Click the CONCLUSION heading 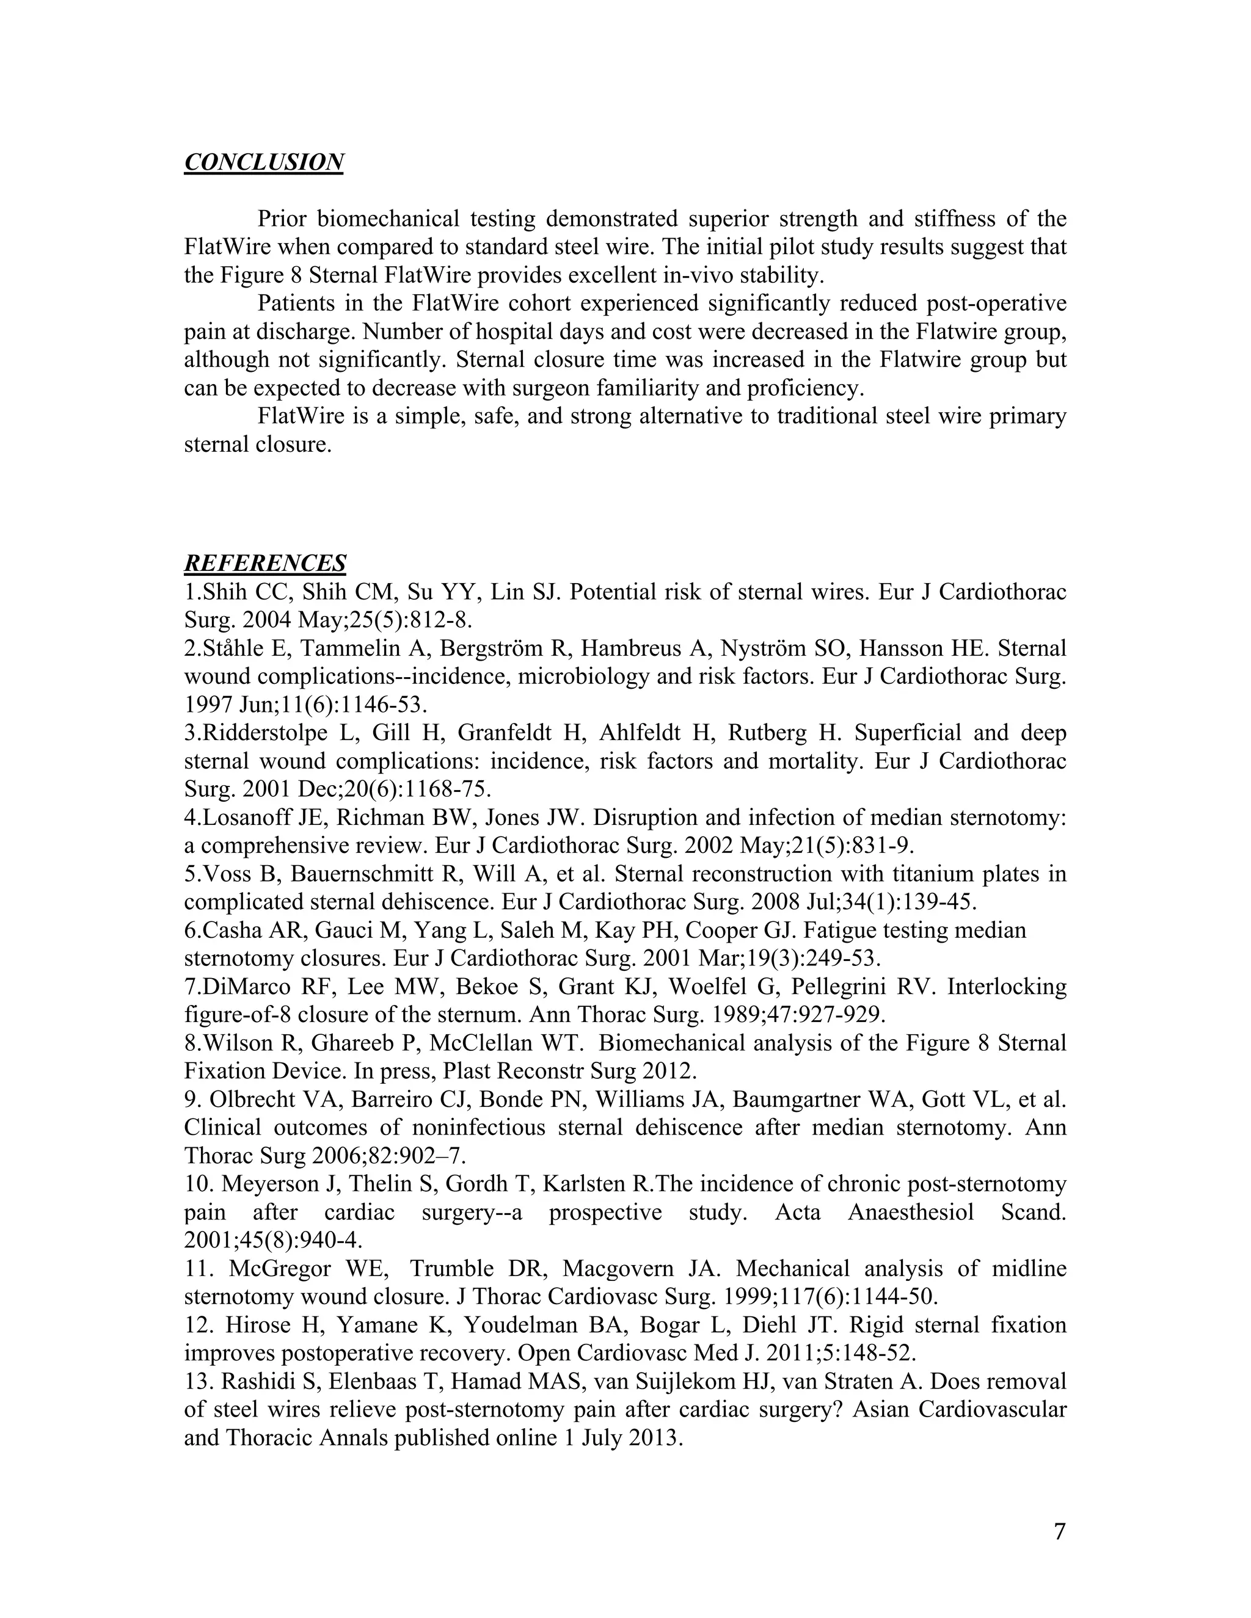coord(263,162)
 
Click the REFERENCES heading coord(264,563)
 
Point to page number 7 coord(1059,1531)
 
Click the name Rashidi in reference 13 coord(257,1381)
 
